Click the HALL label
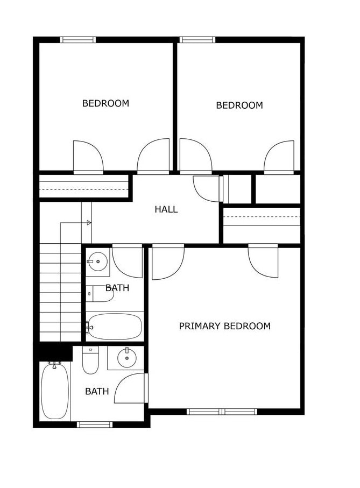click(166, 209)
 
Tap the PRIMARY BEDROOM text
click(224, 326)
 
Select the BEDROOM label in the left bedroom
click(105, 103)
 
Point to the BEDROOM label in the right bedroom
click(239, 105)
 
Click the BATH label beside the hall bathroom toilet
click(117, 288)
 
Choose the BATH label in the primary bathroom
click(97, 391)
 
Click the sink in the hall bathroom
click(97, 262)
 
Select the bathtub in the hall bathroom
click(114, 327)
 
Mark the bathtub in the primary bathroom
click(55, 391)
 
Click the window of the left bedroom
click(78, 40)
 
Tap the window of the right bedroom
click(197, 40)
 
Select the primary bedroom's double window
click(222, 412)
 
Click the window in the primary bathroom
click(95, 425)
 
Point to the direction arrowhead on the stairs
click(89, 223)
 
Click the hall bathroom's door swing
click(128, 261)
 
